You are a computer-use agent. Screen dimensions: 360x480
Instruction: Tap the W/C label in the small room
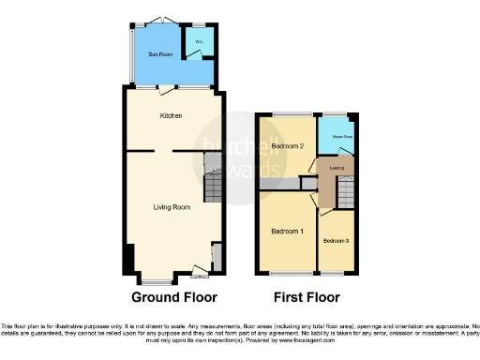tap(198, 42)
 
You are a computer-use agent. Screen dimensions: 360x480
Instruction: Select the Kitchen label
tap(170, 115)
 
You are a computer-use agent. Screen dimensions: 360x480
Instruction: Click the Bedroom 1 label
tap(287, 231)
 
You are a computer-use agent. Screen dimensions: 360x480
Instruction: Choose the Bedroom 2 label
tap(287, 146)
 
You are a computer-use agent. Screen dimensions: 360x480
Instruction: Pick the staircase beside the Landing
tap(348, 194)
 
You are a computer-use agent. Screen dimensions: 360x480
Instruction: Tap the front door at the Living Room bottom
tap(199, 274)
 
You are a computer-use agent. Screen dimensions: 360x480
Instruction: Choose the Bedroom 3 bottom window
tap(334, 275)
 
